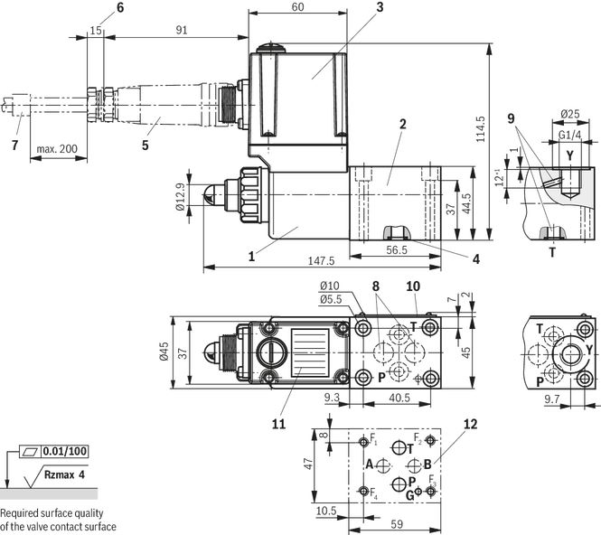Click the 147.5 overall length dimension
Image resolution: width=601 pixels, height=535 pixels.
pyautogui.click(x=321, y=261)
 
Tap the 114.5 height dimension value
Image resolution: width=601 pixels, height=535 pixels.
pyautogui.click(x=480, y=129)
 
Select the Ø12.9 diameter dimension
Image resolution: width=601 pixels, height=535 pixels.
pyautogui.click(x=181, y=196)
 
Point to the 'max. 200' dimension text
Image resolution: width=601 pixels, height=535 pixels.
pyautogui.click(x=57, y=149)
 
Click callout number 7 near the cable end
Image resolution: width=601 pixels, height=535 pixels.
pyautogui.click(x=15, y=145)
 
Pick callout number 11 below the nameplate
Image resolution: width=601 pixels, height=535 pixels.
pyautogui.click(x=278, y=424)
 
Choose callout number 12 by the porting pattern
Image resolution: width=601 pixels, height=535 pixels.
pyautogui.click(x=471, y=424)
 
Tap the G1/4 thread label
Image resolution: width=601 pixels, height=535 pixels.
pyautogui.click(x=569, y=135)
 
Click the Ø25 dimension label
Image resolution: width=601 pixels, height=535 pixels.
pyautogui.click(x=570, y=114)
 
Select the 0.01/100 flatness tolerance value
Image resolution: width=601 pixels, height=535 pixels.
pyautogui.click(x=65, y=451)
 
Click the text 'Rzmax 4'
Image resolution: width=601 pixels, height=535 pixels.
pyautogui.click(x=64, y=474)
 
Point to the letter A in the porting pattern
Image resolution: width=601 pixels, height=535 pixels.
pyautogui.click(x=369, y=465)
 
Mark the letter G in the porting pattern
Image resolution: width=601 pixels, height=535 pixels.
pyautogui.click(x=409, y=495)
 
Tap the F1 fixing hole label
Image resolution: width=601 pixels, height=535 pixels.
pyautogui.click(x=373, y=439)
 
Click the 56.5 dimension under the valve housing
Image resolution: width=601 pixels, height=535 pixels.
pyautogui.click(x=397, y=250)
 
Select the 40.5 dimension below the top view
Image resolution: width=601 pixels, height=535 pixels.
pyautogui.click(x=399, y=398)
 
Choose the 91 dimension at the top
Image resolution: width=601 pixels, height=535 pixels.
pyautogui.click(x=182, y=30)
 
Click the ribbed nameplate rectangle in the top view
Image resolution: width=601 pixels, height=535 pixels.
pyautogui.click(x=310, y=352)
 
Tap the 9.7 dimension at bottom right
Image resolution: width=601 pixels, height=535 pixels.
pyautogui.click(x=552, y=399)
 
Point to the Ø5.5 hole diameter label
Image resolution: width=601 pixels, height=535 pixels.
pyautogui.click(x=331, y=299)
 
